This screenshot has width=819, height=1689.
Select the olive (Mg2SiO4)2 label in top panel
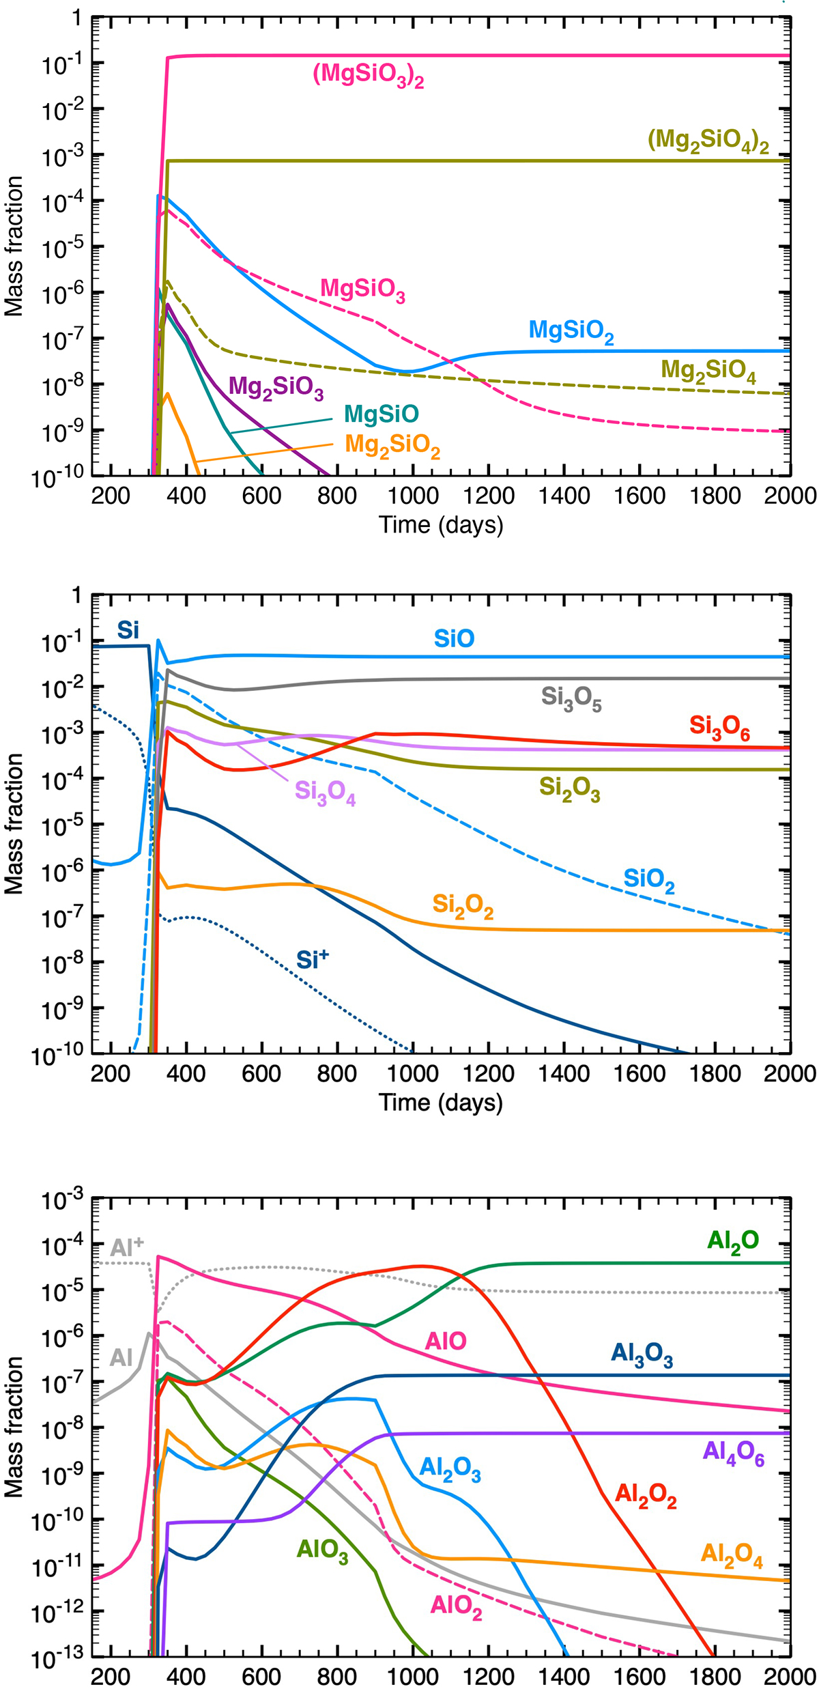[708, 141]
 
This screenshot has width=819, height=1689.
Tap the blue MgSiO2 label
[571, 332]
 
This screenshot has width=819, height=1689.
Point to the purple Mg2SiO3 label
[276, 387]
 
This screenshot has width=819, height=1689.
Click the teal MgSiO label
[381, 414]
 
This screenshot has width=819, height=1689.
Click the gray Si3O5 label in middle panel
[571, 698]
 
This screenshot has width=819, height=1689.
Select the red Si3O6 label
[719, 727]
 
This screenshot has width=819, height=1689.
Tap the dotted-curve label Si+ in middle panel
[312, 960]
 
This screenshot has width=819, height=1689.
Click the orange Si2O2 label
[463, 906]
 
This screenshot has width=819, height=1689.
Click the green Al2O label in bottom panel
[733, 1240]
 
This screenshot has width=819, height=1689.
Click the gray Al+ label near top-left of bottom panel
[126, 1247]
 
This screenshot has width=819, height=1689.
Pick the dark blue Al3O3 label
[642, 1354]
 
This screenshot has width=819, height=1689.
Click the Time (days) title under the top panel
[441, 524]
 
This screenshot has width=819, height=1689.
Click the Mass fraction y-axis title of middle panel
[14, 824]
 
